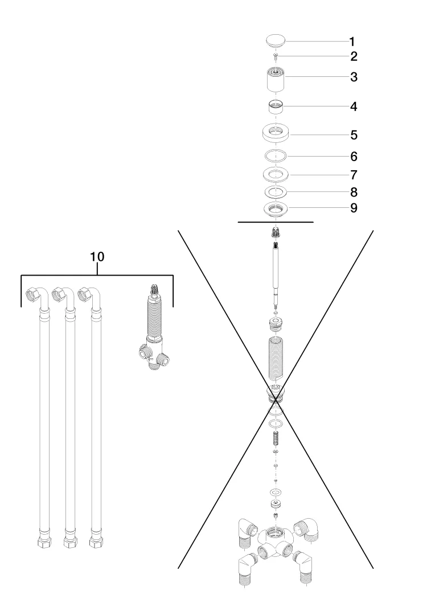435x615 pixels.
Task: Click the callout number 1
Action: click(352, 42)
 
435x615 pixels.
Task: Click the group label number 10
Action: click(97, 257)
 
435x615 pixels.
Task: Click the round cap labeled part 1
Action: click(276, 41)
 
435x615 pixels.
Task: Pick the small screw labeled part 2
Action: click(276, 56)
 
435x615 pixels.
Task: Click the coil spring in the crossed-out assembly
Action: click(276, 438)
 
